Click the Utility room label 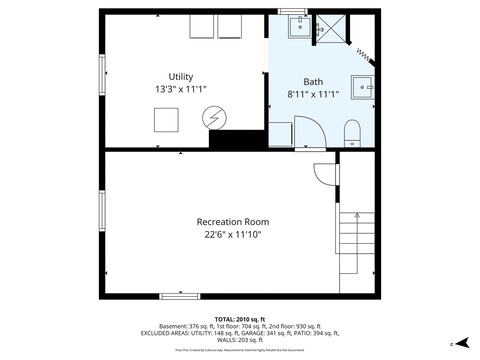pos(181,77)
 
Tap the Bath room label pos(313,82)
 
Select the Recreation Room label pos(233,222)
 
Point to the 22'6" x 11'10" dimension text pos(233,234)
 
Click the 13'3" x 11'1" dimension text pos(181,89)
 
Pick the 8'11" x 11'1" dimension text pos(313,94)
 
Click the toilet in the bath pos(352,134)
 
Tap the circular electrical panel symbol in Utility pos(214,118)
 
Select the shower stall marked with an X pos(331,29)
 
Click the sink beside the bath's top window pos(300,27)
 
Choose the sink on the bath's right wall pos(363,88)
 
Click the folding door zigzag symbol pos(364,55)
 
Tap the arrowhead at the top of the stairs pos(357,215)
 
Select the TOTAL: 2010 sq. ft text pos(240,320)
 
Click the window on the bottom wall pos(180,296)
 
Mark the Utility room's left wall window pos(102,75)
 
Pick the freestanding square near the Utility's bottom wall pos(166,120)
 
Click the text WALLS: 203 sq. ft pos(240,340)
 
